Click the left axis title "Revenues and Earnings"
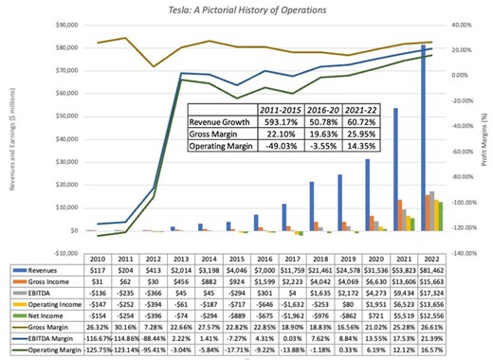[11, 142]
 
